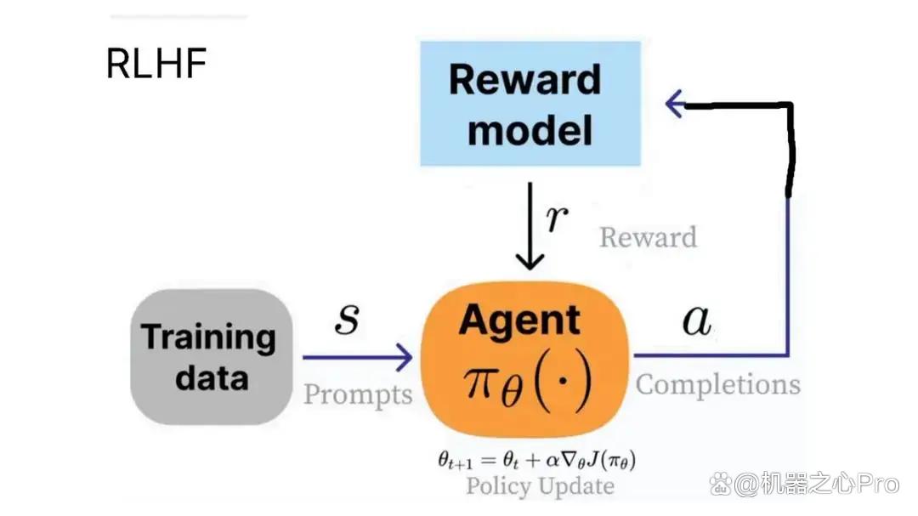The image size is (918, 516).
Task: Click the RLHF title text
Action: click(x=156, y=63)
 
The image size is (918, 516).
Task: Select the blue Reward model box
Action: click(x=530, y=104)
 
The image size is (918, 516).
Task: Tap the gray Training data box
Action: click(x=212, y=357)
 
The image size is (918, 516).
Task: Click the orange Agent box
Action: click(x=525, y=359)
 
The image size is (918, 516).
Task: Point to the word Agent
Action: click(x=520, y=321)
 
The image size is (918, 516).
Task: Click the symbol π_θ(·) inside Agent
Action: click(x=528, y=382)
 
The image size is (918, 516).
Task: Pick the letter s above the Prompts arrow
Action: click(x=347, y=319)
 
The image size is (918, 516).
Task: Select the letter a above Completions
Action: click(x=697, y=320)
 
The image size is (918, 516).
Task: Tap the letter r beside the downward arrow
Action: click(x=556, y=218)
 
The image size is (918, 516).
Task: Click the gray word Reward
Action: click(x=648, y=237)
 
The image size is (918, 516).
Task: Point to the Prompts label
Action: click(x=358, y=394)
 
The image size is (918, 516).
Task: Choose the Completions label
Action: click(x=718, y=385)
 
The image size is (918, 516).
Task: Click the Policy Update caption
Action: click(x=541, y=486)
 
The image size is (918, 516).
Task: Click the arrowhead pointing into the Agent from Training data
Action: click(x=404, y=357)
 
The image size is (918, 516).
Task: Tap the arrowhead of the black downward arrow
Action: click(x=530, y=261)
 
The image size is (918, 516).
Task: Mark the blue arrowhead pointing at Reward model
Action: click(x=674, y=105)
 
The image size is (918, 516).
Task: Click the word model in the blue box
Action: click(x=530, y=131)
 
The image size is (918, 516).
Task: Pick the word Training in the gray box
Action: click(x=208, y=337)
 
